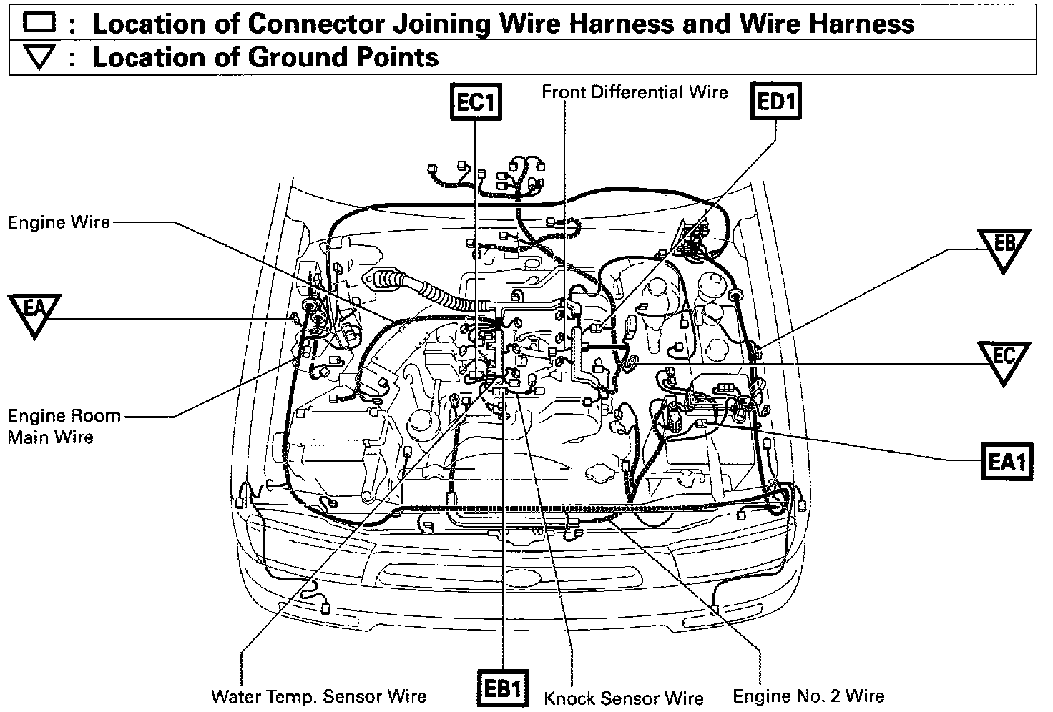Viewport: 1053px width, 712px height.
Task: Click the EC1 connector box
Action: click(475, 102)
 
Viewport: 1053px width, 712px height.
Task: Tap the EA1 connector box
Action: click(1007, 462)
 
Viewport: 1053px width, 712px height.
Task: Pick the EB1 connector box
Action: click(504, 688)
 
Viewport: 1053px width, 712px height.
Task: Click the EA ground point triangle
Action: click(34, 311)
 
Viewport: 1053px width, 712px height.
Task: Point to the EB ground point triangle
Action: click(1004, 247)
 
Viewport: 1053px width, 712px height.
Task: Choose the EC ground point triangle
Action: click(1004, 359)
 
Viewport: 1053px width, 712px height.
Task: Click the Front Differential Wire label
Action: click(635, 92)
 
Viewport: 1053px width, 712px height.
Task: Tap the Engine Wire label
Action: click(59, 222)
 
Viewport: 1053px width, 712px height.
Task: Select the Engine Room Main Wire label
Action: click(63, 426)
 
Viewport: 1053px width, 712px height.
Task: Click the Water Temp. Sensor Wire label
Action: click(318, 696)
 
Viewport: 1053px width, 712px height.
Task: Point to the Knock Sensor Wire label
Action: click(624, 698)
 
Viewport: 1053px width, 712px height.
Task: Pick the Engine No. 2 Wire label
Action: click(808, 696)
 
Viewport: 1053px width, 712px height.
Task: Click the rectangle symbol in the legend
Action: click(39, 23)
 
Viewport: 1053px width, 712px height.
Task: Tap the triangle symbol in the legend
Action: click(39, 58)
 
